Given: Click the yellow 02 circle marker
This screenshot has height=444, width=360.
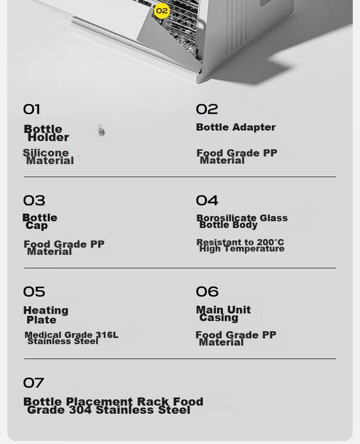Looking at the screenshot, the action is [x=162, y=11].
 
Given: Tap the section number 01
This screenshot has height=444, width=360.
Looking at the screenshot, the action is [x=31, y=109].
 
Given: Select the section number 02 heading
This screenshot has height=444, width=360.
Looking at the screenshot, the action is [x=207, y=109].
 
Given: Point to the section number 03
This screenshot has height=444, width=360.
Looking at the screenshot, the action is [x=34, y=201].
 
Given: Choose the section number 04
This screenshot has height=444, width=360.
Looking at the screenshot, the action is [x=207, y=201].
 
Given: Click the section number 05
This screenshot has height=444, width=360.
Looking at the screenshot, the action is [x=34, y=292].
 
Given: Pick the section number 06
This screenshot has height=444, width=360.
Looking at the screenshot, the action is [x=207, y=292].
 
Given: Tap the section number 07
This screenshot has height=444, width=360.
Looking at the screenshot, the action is [x=34, y=383].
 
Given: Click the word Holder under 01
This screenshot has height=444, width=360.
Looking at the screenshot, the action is [x=48, y=138].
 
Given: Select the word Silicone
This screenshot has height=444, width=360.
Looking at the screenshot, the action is [x=46, y=152].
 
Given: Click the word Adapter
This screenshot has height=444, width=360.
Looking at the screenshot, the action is [x=254, y=127].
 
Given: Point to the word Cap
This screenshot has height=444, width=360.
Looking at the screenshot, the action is [x=36, y=226].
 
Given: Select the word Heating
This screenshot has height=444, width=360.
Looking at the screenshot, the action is [x=46, y=311].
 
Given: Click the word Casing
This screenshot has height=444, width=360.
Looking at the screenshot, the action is [x=219, y=318].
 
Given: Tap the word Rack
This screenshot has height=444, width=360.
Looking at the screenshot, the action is [x=153, y=402].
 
